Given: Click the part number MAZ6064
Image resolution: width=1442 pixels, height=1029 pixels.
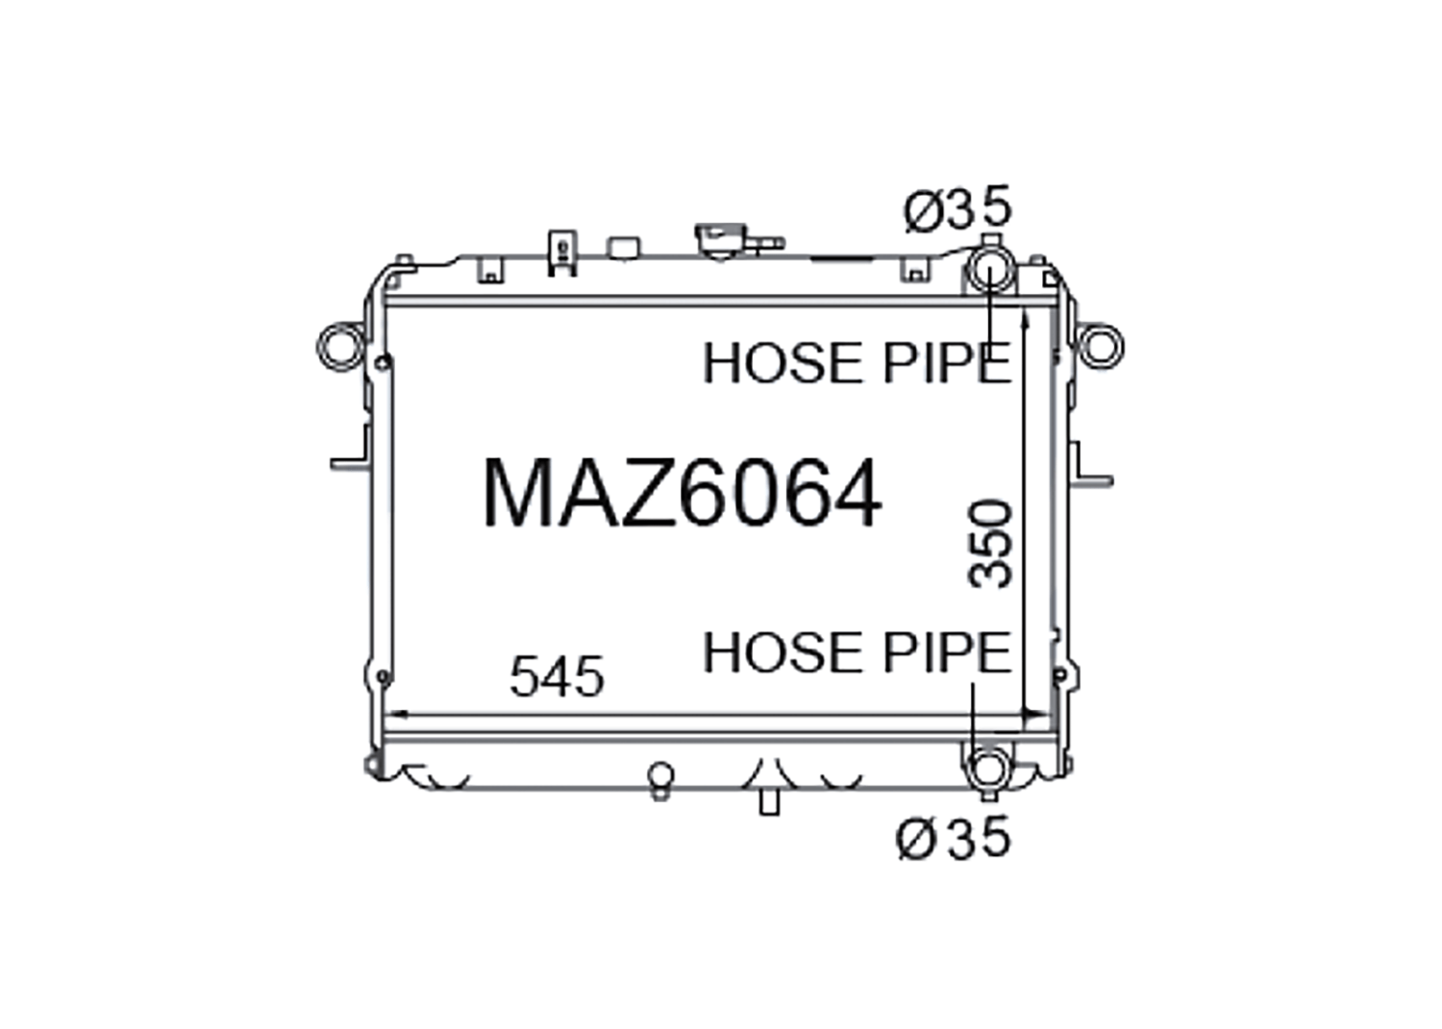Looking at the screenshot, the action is pyautogui.click(x=682, y=494).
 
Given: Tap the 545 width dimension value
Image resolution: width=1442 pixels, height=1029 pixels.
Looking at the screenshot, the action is pyautogui.click(x=557, y=676).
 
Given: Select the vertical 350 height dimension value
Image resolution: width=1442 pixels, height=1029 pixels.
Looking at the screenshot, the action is pyautogui.click(x=991, y=545).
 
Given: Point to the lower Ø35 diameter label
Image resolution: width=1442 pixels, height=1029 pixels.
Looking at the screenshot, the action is pyautogui.click(x=954, y=837).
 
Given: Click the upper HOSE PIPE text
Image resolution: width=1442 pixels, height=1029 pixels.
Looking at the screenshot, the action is pyautogui.click(x=858, y=363).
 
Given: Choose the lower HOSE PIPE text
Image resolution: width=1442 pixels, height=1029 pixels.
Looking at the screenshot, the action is pyautogui.click(x=858, y=652).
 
